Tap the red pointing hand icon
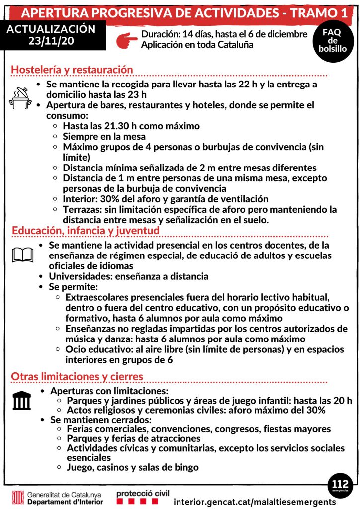pyautogui.click(x=125, y=40)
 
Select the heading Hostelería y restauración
pyautogui.click(x=72, y=70)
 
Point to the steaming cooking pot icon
pyautogui.click(x=20, y=98)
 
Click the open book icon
pyautogui.click(x=22, y=255)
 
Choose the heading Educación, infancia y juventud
pyautogui.click(x=86, y=231)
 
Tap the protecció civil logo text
pyautogui.click(x=143, y=493)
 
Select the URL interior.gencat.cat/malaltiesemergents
pyautogui.click(x=255, y=502)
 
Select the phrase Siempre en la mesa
pyautogui.click(x=104, y=136)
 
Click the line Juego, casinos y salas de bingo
pyautogui.click(x=133, y=467)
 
